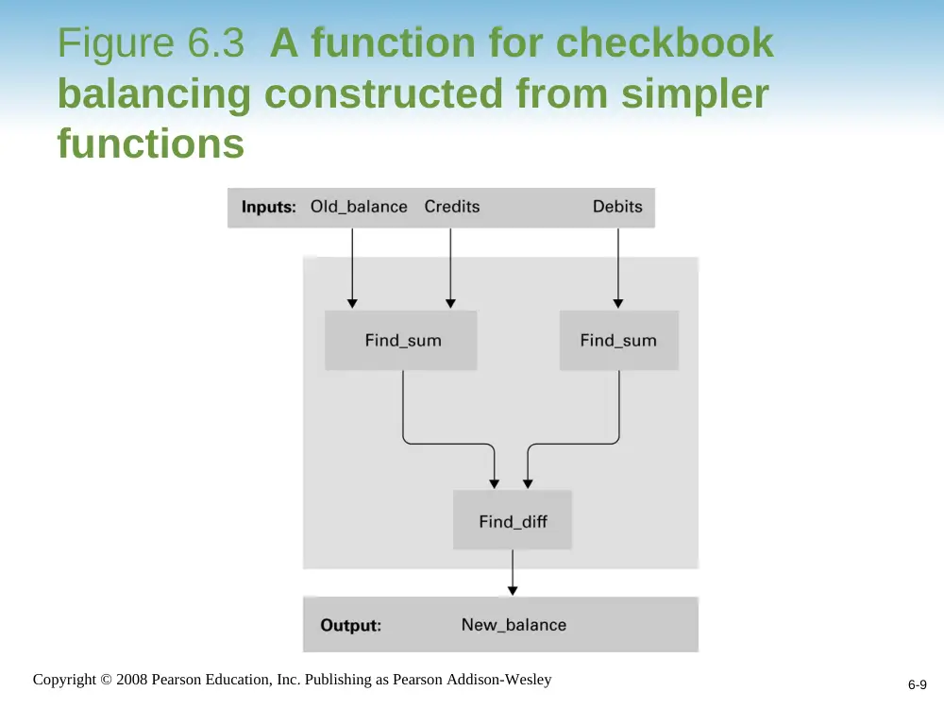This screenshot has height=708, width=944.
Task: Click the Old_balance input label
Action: pos(359,207)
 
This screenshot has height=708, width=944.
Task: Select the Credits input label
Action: pos(452,207)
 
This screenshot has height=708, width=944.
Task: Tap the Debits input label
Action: pos(617,207)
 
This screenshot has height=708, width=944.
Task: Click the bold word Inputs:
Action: pos(268,207)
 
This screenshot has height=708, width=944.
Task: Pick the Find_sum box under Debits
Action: pos(619,340)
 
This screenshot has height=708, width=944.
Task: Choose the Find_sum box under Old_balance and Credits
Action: pos(401,340)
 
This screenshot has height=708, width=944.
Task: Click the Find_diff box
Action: pos(513,519)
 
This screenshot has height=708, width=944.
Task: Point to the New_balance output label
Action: pos(514,625)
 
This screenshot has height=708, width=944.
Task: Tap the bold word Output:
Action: pos(351,626)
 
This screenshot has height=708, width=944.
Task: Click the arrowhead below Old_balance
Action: pos(352,303)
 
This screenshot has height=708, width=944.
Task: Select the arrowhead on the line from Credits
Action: pos(450,303)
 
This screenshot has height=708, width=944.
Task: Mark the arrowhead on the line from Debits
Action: pos(618,303)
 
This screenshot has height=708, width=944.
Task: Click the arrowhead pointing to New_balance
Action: pos(513,591)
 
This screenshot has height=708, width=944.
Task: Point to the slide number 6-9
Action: pos(918,684)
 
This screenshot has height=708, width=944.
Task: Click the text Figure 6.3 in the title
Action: pos(151,42)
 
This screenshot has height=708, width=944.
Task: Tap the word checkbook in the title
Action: pos(665,42)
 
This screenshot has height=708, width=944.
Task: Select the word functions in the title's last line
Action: pos(151,143)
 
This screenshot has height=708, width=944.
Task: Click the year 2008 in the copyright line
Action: pos(132,679)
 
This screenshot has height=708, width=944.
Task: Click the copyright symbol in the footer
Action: pos(106,680)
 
